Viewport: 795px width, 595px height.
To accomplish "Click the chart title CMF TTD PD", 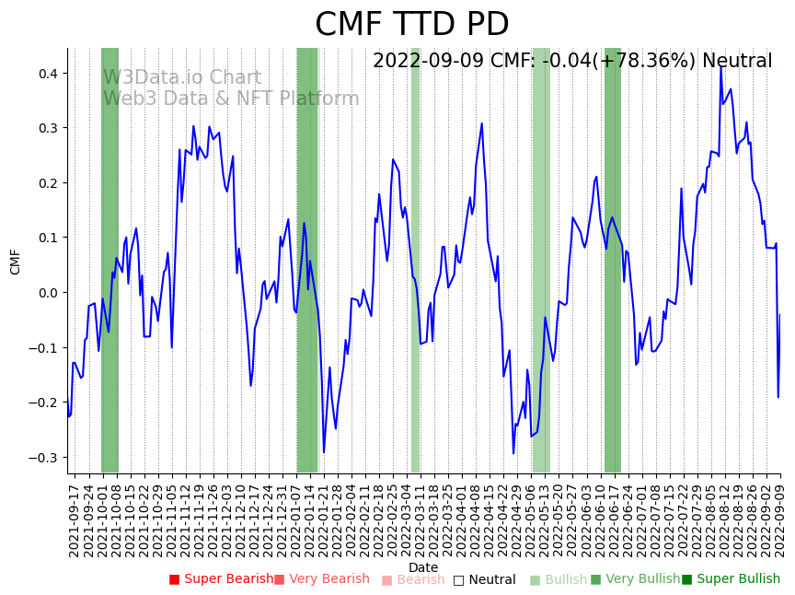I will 411,25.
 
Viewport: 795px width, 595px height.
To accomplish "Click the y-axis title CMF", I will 16,262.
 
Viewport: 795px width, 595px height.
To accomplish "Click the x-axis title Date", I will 423,567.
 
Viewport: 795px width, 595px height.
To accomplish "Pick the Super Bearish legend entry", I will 221,579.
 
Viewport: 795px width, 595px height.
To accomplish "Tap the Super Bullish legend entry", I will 731,579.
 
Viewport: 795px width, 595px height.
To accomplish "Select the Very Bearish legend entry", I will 321,579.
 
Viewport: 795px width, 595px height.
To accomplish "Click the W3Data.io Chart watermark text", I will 168,77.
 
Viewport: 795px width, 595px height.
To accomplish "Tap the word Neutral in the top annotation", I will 737,62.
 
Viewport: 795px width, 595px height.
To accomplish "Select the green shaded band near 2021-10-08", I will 109,258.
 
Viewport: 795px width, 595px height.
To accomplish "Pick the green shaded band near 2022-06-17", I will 613,258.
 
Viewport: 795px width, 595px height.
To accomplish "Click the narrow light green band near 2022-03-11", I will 415,258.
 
